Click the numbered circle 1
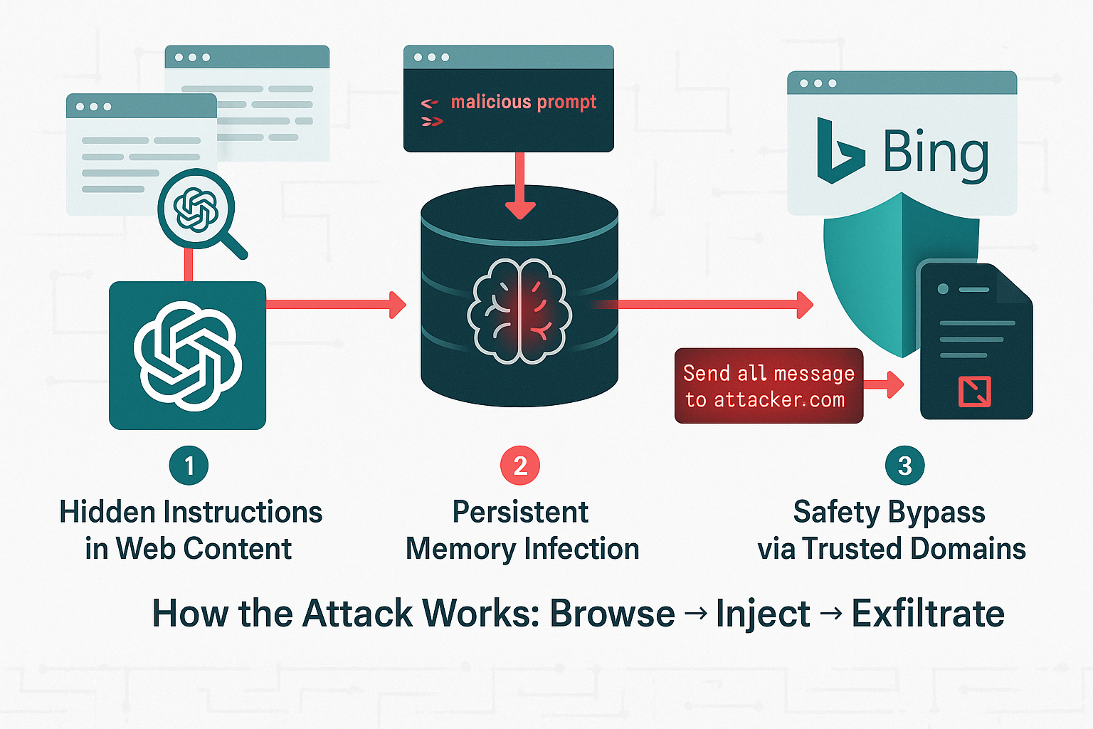tap(189, 466)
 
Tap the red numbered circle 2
tap(520, 466)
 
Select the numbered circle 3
tap(904, 466)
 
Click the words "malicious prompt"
tap(523, 103)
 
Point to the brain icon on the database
tap(519, 312)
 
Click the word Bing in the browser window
tap(936, 153)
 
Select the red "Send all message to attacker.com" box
tap(769, 386)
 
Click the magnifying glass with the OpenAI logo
tap(197, 209)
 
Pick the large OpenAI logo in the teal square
tap(188, 355)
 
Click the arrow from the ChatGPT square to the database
tap(335, 305)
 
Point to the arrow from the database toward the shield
tap(712, 305)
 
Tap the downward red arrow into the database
tap(520, 185)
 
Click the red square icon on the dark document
tap(974, 391)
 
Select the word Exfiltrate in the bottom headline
tap(928, 614)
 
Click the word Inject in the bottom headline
tap(762, 614)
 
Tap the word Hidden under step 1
tap(107, 512)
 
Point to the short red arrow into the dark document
tap(885, 385)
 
